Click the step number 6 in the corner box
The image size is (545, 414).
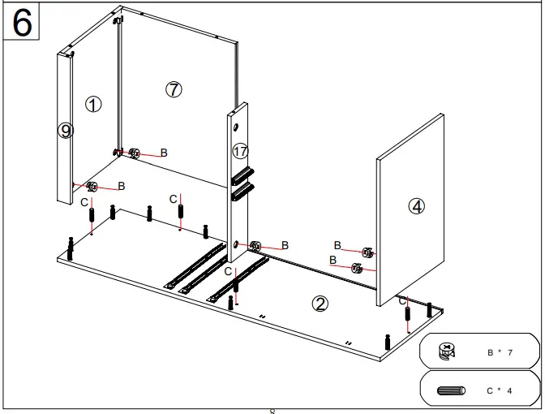pos(23,23)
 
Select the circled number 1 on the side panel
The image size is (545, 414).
pos(93,104)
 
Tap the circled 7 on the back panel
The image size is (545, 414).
pos(174,90)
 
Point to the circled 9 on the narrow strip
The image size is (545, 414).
pos(66,130)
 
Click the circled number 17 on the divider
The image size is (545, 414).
pos(239,151)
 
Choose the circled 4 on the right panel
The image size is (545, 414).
pos(416,206)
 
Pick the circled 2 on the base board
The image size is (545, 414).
pos(320,304)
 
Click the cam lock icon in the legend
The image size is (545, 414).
pos(446,351)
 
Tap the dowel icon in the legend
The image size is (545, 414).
pos(451,390)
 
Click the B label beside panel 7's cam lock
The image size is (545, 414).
pos(164,153)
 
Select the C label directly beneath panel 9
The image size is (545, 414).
pos(84,202)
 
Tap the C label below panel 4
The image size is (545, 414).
pos(402,300)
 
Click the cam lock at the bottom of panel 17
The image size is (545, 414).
pos(255,245)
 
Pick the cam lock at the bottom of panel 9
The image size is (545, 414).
pos(92,188)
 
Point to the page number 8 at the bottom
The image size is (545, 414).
pos(272,411)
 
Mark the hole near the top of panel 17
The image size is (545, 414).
pos(234,127)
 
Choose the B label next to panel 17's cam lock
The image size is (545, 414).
pos(285,245)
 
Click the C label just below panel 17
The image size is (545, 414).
pos(228,271)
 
